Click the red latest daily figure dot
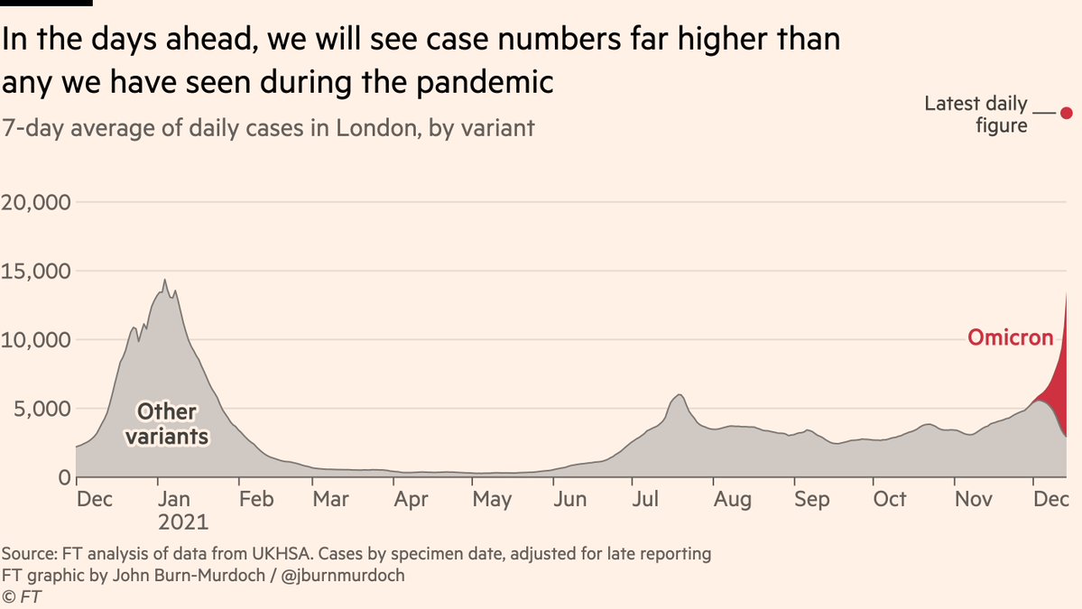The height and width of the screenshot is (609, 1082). (x=1066, y=113)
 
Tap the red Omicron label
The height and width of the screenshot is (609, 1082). (x=1010, y=338)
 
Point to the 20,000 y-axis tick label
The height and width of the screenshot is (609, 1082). (x=36, y=202)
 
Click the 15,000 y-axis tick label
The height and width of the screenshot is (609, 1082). (x=36, y=271)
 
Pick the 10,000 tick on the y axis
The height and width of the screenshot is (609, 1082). (x=36, y=340)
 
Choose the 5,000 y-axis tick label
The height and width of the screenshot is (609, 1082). (x=42, y=409)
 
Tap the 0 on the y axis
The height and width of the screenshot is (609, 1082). (x=64, y=477)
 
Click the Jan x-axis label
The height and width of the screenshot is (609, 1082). (x=172, y=499)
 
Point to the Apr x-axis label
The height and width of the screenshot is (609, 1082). (x=411, y=499)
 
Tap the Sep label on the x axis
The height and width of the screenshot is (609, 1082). (x=812, y=499)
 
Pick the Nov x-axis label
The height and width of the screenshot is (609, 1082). (x=973, y=499)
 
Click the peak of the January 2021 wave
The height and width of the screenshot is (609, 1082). (x=164, y=281)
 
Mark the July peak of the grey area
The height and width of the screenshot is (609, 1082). (x=679, y=395)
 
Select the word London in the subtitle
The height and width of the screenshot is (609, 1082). (x=370, y=128)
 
